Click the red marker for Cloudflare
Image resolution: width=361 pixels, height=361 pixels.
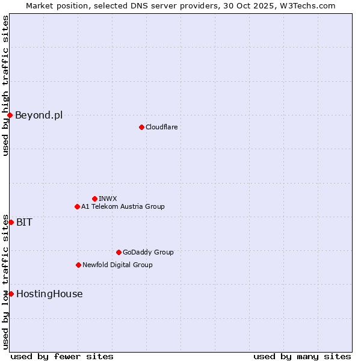point(141,127)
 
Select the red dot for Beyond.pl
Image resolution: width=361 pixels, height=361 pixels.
point(10,115)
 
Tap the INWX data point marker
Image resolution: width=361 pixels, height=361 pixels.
point(94,199)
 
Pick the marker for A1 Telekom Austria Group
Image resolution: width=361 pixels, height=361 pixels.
point(77,206)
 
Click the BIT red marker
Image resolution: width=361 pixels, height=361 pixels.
point(11,222)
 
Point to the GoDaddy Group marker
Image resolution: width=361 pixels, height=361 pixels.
point(119,252)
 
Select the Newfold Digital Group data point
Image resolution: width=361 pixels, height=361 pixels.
point(78,265)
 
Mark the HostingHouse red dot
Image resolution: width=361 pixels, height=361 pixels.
point(11,294)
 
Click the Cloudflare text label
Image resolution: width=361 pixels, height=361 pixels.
point(161,127)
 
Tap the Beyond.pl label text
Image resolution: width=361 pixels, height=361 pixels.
point(39,115)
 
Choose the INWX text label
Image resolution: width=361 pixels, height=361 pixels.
point(108,199)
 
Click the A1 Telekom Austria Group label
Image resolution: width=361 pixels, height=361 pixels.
point(123,206)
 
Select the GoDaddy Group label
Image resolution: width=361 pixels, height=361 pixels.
point(148,252)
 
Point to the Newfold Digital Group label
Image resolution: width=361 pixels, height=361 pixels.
point(117,265)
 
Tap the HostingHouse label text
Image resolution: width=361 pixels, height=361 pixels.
point(49,294)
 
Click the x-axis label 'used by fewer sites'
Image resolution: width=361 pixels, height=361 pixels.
point(62,356)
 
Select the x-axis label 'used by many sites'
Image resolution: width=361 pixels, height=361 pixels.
point(302,356)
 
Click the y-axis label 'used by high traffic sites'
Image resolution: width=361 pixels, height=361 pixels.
point(5,85)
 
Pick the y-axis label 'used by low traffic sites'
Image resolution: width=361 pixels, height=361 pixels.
point(5,282)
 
